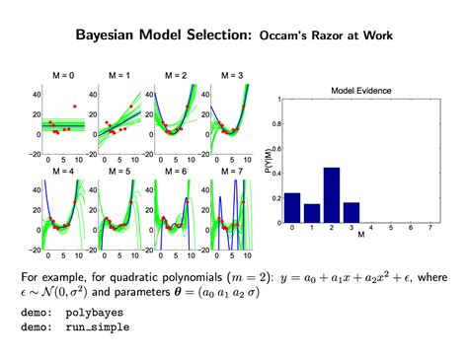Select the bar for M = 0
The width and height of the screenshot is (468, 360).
(292, 207)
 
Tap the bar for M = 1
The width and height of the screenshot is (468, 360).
(312, 213)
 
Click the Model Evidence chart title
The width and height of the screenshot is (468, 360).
(360, 91)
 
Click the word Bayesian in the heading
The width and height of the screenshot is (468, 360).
(108, 35)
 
